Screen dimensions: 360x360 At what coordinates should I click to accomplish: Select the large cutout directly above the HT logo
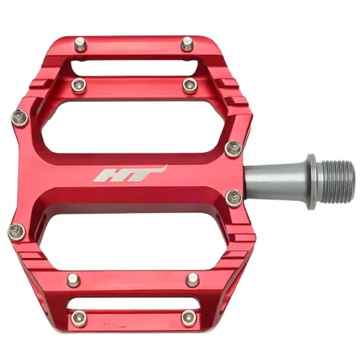137,127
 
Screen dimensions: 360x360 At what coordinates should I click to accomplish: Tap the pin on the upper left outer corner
18,115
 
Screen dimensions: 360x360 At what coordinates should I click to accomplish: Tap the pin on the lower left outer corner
17,231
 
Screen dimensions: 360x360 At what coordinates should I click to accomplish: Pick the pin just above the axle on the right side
231,148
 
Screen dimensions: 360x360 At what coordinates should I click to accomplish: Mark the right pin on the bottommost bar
189,317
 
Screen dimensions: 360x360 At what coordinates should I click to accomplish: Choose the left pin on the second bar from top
80,86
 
